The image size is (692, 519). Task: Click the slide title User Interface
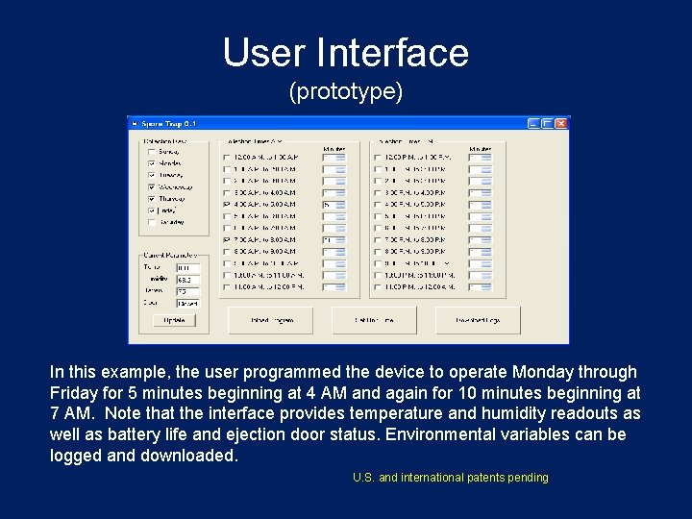345,53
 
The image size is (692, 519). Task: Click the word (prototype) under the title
345,92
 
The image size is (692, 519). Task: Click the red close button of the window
561,123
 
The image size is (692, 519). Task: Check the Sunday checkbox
151,152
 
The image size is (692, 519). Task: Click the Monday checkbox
151,163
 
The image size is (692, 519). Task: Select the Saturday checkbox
151,222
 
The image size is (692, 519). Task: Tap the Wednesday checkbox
151,187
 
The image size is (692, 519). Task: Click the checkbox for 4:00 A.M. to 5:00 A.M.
227,205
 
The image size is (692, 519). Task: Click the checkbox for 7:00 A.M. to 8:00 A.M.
227,239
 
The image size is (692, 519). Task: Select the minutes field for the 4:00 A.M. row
329,205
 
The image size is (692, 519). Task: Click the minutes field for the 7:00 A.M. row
329,239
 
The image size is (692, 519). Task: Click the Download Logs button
478,320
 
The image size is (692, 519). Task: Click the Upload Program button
270,320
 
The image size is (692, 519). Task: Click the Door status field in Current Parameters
187,303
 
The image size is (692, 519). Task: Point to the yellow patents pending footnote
450,478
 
